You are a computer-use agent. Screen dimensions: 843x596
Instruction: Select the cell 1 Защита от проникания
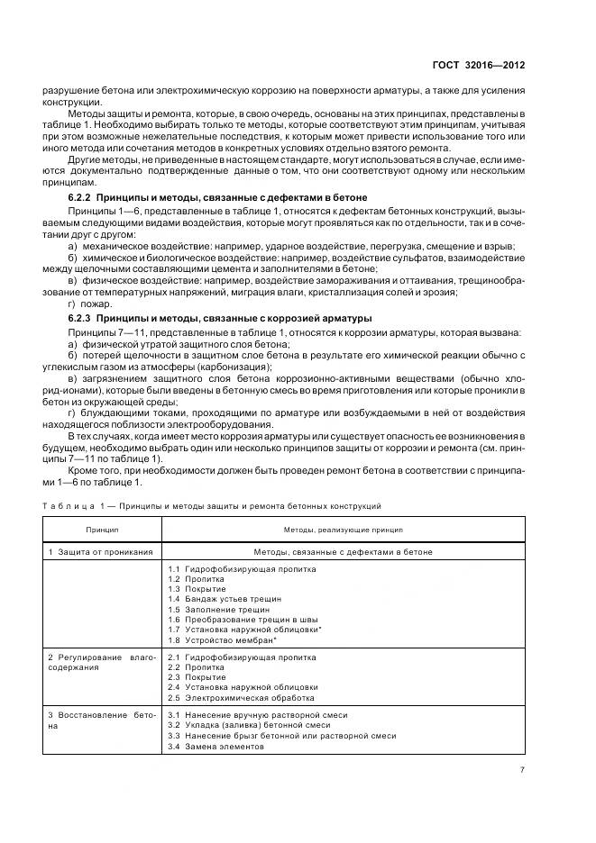tap(99, 551)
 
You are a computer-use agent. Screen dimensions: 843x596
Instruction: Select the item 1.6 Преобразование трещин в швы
tap(238, 620)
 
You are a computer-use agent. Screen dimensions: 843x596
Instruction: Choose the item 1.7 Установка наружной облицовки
tap(244, 630)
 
